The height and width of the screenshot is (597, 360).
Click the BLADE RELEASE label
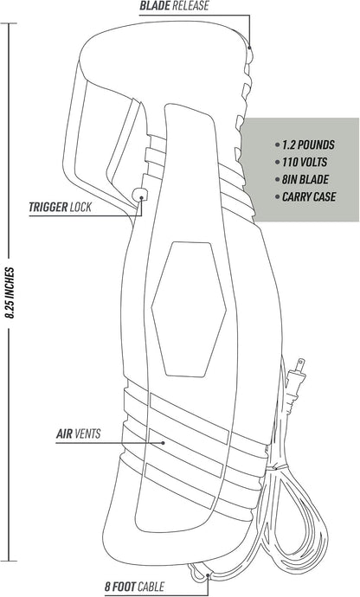(174, 6)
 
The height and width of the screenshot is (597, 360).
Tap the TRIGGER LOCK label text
(61, 207)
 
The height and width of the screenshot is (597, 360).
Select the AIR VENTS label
(79, 433)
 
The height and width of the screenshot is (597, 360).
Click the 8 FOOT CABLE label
(134, 587)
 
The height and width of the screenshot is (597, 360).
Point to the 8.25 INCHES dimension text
(10, 292)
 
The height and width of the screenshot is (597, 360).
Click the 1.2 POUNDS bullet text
(308, 145)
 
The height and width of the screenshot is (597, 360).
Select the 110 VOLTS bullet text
(305, 162)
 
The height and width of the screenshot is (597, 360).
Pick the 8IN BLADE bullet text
(305, 179)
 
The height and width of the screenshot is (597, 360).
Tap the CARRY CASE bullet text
(309, 197)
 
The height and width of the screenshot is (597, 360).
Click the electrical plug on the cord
(297, 381)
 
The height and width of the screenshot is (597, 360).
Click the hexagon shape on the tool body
(189, 310)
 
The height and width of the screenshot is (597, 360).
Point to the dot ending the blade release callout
(249, 48)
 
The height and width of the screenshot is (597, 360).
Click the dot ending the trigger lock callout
(141, 197)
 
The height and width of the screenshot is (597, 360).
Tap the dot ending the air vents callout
(163, 443)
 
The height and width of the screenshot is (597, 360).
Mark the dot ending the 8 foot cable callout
(208, 575)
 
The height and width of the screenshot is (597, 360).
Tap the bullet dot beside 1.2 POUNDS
(277, 145)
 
